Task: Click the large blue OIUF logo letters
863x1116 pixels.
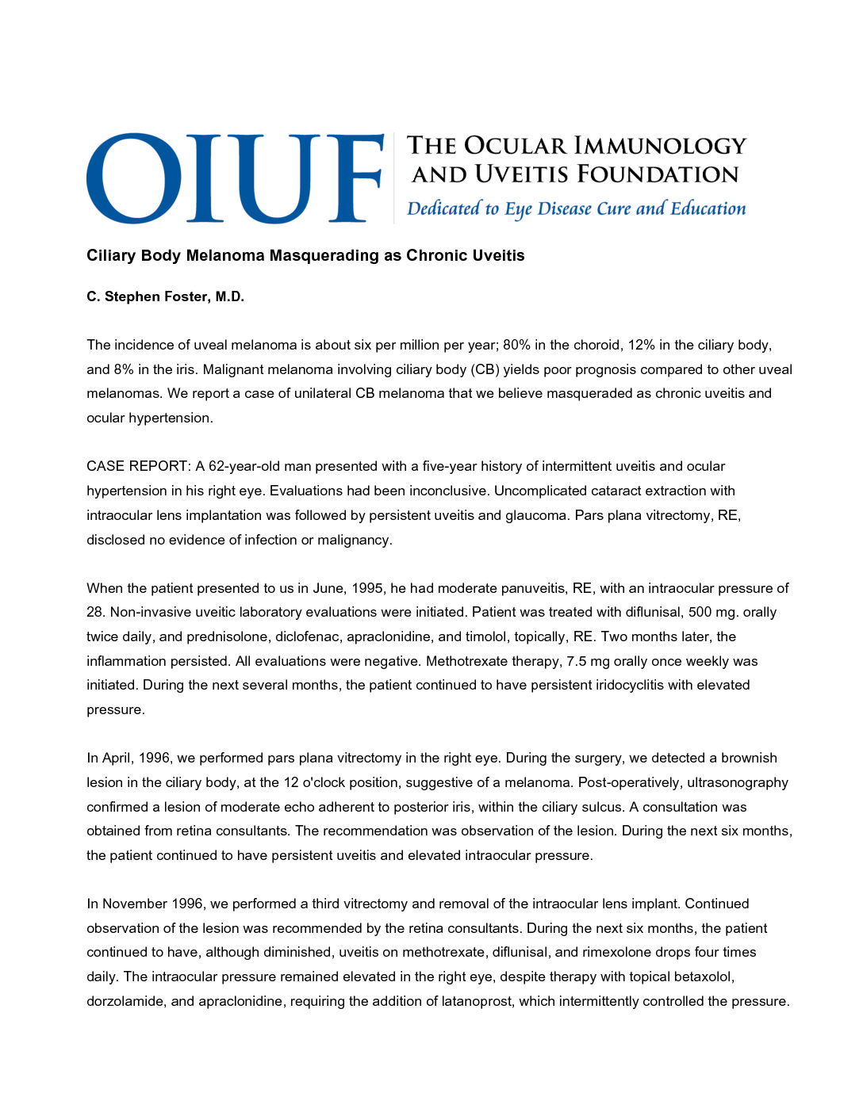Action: [235, 178]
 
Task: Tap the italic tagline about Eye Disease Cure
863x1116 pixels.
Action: [576, 208]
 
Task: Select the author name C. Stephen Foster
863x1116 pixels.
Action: [165, 296]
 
